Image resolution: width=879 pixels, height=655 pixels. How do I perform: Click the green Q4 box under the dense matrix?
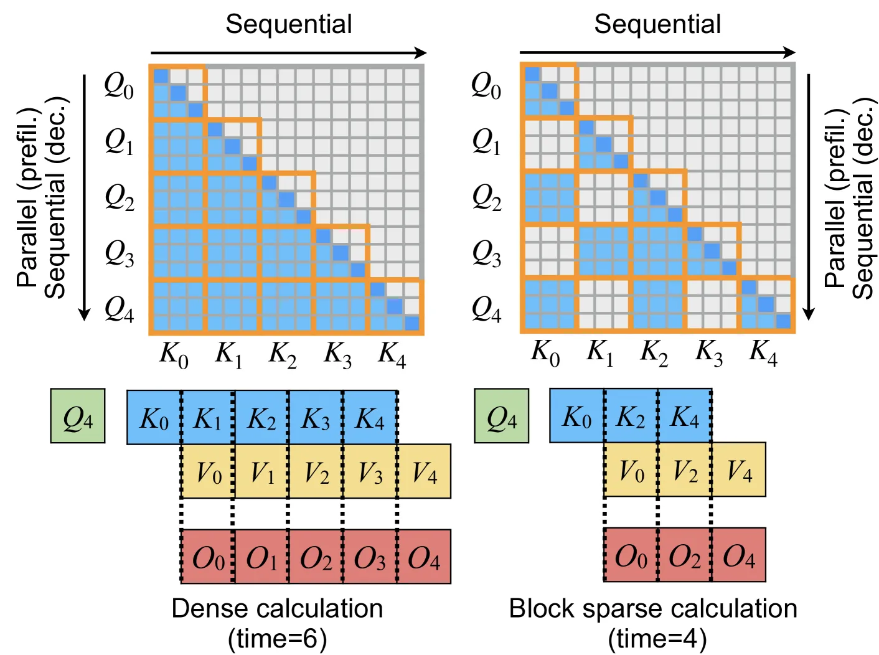[78, 415]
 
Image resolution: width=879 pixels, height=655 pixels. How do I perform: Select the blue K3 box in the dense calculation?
[316, 417]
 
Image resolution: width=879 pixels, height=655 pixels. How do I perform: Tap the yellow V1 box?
[261, 471]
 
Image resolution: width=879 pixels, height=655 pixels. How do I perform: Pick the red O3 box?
[370, 556]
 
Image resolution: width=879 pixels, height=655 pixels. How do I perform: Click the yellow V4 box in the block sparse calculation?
[739, 469]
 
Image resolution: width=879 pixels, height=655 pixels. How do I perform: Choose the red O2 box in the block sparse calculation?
[685, 555]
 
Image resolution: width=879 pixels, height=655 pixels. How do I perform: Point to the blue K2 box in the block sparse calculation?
[631, 415]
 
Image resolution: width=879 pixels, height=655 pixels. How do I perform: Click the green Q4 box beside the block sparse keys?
[501, 415]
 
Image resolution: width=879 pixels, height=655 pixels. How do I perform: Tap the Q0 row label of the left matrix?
[119, 86]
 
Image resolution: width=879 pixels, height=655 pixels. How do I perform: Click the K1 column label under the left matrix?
[229, 354]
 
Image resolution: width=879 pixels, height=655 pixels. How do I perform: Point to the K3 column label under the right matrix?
[709, 352]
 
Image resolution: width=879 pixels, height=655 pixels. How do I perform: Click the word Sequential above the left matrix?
[288, 24]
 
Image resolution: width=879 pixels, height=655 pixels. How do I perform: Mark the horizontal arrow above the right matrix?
[657, 52]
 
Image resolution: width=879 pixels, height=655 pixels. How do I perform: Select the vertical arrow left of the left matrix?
[84, 197]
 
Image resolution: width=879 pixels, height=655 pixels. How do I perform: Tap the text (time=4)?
[657, 638]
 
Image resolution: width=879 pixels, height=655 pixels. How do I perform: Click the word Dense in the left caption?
[211, 608]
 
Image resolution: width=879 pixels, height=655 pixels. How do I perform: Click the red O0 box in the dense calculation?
[208, 556]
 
